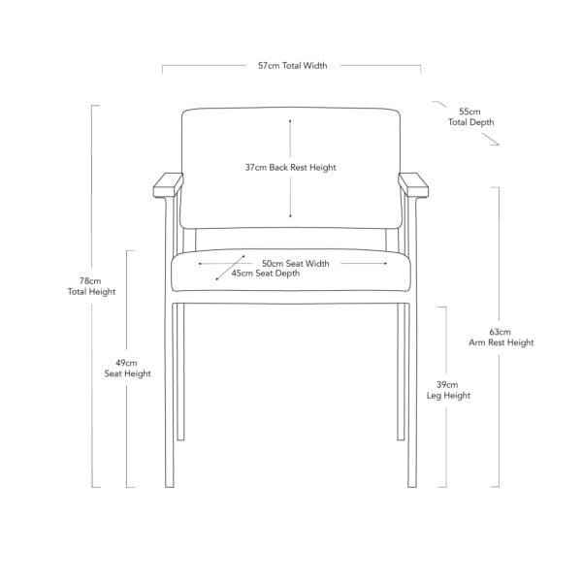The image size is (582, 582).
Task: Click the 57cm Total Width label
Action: (x=293, y=66)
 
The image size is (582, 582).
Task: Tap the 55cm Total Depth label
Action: (x=470, y=117)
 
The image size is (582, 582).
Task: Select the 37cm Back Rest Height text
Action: (x=290, y=168)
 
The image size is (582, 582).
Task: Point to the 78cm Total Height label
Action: (x=91, y=286)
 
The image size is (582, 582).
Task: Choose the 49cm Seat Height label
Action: (x=127, y=369)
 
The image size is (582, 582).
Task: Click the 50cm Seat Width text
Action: (x=296, y=264)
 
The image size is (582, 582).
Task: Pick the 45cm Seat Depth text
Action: (x=266, y=274)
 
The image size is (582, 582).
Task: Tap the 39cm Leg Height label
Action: (x=448, y=390)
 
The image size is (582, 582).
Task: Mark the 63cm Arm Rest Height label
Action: (x=501, y=337)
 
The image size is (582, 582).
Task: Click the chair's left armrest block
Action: (x=168, y=185)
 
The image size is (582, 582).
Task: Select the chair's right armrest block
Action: (x=413, y=185)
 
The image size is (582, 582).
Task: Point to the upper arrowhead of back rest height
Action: (x=290, y=120)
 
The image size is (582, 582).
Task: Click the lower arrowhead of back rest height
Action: (x=290, y=216)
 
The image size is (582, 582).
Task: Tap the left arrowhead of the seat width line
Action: (x=200, y=264)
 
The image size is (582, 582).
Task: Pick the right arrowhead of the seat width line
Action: (x=386, y=264)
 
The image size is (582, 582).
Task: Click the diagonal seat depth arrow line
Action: (x=231, y=268)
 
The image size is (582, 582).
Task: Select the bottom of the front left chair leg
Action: (x=170, y=487)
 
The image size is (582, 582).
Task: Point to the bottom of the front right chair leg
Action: (x=412, y=487)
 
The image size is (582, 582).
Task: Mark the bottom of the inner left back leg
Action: (x=180, y=439)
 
